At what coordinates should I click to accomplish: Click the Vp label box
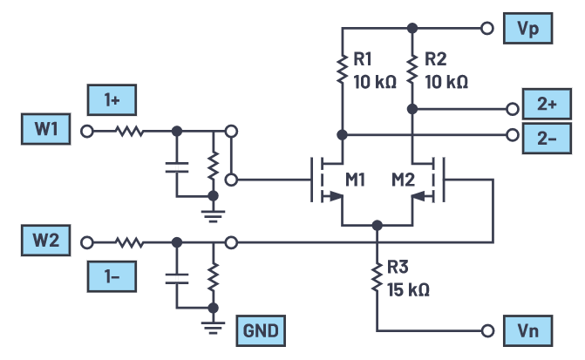(527, 29)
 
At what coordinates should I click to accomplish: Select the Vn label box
(527, 331)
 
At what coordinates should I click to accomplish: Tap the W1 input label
(46, 132)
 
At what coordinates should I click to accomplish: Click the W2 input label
(46, 241)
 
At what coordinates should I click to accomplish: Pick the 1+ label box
(112, 100)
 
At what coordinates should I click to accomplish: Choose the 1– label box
(112, 277)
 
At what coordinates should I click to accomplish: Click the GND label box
(259, 331)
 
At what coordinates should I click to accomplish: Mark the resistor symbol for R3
(377, 278)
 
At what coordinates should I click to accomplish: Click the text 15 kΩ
(408, 289)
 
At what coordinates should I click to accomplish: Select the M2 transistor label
(403, 180)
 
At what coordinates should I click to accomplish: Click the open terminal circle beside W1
(86, 132)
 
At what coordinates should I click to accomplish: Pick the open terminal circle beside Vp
(486, 29)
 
